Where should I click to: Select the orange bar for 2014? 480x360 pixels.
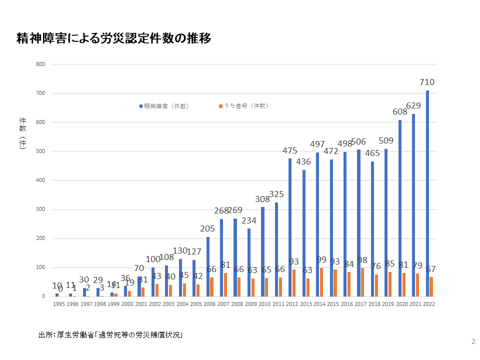tap(321, 282)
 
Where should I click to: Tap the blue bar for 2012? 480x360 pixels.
tap(290, 227)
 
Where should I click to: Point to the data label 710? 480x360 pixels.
tap(427, 82)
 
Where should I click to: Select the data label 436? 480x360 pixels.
tap(303, 161)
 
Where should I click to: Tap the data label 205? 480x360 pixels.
tap(207, 228)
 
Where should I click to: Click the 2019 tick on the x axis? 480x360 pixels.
tap(387, 304)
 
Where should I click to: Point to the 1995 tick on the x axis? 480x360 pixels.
tap(58, 304)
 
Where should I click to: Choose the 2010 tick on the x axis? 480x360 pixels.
tap(264, 304)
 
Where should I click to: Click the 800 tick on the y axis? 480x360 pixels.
tap(40, 64)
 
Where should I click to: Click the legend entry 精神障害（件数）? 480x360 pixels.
tap(164, 106)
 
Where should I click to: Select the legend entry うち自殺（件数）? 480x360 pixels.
tap(243, 106)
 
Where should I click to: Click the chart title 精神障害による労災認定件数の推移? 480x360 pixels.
tap(114, 38)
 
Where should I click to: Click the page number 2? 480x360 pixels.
tap(473, 342)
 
